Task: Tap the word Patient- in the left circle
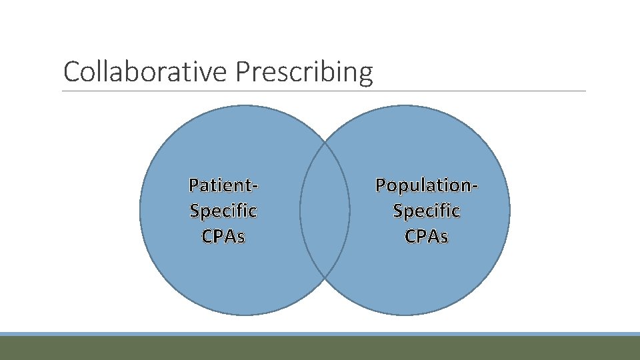(x=223, y=185)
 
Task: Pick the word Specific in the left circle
(x=223, y=211)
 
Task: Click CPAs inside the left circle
(x=223, y=236)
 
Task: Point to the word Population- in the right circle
(x=426, y=185)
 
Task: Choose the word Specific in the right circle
(x=426, y=211)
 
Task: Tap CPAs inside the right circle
(x=426, y=236)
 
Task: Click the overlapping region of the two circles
(x=325, y=210)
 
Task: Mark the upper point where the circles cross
(x=325, y=143)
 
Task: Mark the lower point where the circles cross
(x=325, y=277)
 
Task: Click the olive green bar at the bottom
(x=320, y=348)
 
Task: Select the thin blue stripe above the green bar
(x=320, y=334)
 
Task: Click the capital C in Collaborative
(x=70, y=72)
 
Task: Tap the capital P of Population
(x=381, y=185)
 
